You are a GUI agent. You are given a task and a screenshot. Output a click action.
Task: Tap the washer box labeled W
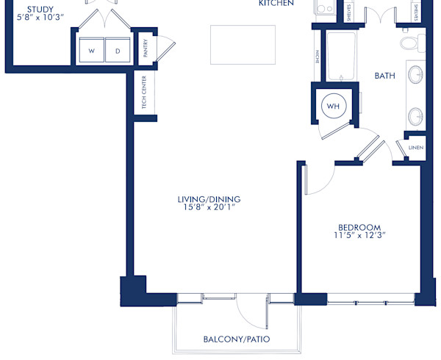[92, 51]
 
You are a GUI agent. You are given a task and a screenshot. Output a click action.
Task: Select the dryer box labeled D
[117, 51]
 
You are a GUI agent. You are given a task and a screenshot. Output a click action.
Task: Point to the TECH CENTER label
[144, 94]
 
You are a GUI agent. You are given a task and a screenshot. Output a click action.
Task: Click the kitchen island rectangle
[243, 45]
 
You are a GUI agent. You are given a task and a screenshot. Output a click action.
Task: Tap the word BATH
[386, 76]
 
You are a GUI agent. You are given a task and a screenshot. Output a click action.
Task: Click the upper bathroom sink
[415, 74]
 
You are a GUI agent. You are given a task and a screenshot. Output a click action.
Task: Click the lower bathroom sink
[415, 116]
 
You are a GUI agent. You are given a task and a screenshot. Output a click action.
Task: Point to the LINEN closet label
[416, 148]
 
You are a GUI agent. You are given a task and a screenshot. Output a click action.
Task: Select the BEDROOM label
[359, 226]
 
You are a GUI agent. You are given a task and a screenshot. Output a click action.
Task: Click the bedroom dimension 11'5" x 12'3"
[359, 236]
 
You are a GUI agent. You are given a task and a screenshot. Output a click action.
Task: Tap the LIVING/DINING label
[209, 199]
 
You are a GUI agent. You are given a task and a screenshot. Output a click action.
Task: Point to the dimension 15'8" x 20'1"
[209, 208]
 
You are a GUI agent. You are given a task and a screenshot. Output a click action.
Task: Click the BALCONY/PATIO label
[237, 339]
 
